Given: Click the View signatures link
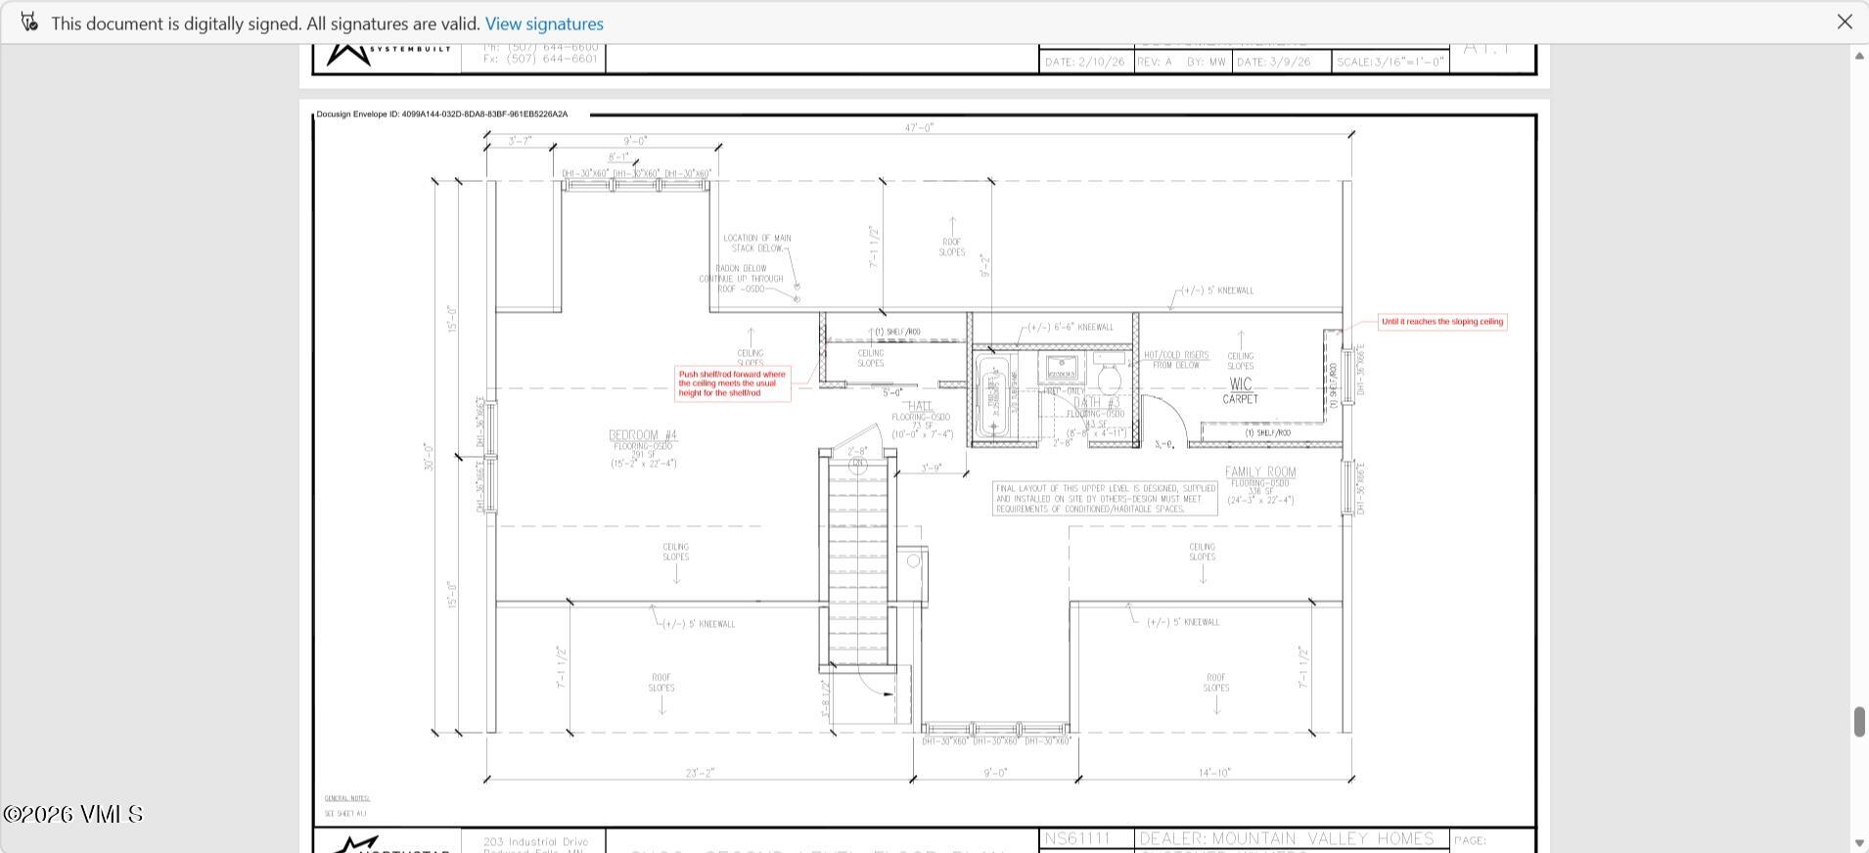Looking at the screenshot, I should tap(544, 23).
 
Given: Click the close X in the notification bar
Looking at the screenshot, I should tap(1844, 22).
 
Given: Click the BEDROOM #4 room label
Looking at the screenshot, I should tap(643, 435).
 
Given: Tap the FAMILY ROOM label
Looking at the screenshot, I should tap(1260, 471).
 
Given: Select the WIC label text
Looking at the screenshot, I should tap(1240, 384).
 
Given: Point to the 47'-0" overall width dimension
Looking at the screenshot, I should tap(919, 128).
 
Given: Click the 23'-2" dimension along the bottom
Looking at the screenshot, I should tap(700, 773).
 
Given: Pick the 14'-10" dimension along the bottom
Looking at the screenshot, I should tap(1213, 773).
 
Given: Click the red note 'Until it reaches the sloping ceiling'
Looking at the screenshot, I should tap(1442, 322).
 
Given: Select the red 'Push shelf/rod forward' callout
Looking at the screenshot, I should tap(733, 383).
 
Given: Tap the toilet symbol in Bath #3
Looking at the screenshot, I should tap(1110, 378).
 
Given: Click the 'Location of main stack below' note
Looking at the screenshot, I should tap(756, 243).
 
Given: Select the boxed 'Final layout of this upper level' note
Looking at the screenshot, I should tap(1105, 498).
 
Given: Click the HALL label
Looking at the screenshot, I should tap(920, 406).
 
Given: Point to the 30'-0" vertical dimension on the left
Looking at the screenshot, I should tap(429, 457).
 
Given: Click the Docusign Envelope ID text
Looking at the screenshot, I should tap(441, 114).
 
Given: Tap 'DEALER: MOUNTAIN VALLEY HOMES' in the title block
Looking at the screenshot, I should tap(1287, 839).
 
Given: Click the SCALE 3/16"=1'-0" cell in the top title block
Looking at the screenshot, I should tap(1390, 62).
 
